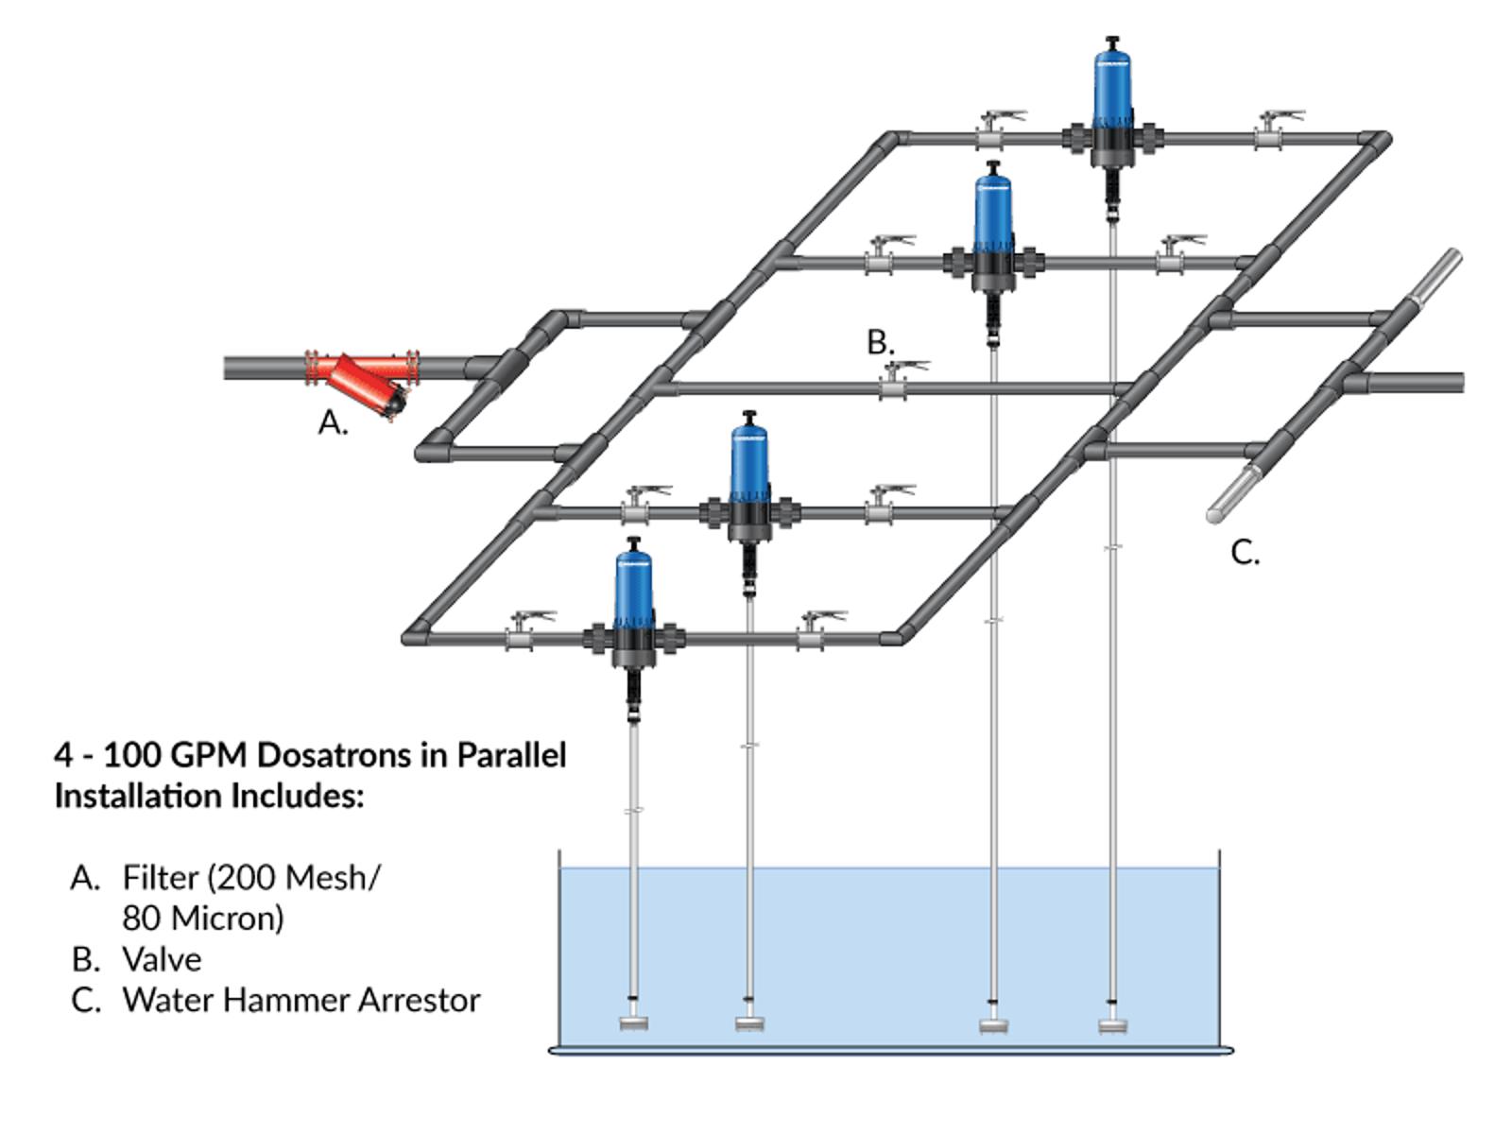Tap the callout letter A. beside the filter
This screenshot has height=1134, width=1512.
coord(334,422)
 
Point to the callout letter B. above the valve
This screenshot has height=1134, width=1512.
coord(881,342)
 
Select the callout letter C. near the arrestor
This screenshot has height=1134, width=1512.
coord(1245,553)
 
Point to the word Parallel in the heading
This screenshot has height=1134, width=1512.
coord(511,755)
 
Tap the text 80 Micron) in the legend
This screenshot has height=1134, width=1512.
coord(203,919)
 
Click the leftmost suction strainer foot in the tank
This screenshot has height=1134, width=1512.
coord(634,1023)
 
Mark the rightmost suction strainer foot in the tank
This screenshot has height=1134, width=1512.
coord(1112,1026)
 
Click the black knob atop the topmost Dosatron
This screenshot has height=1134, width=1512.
coord(1111,43)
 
